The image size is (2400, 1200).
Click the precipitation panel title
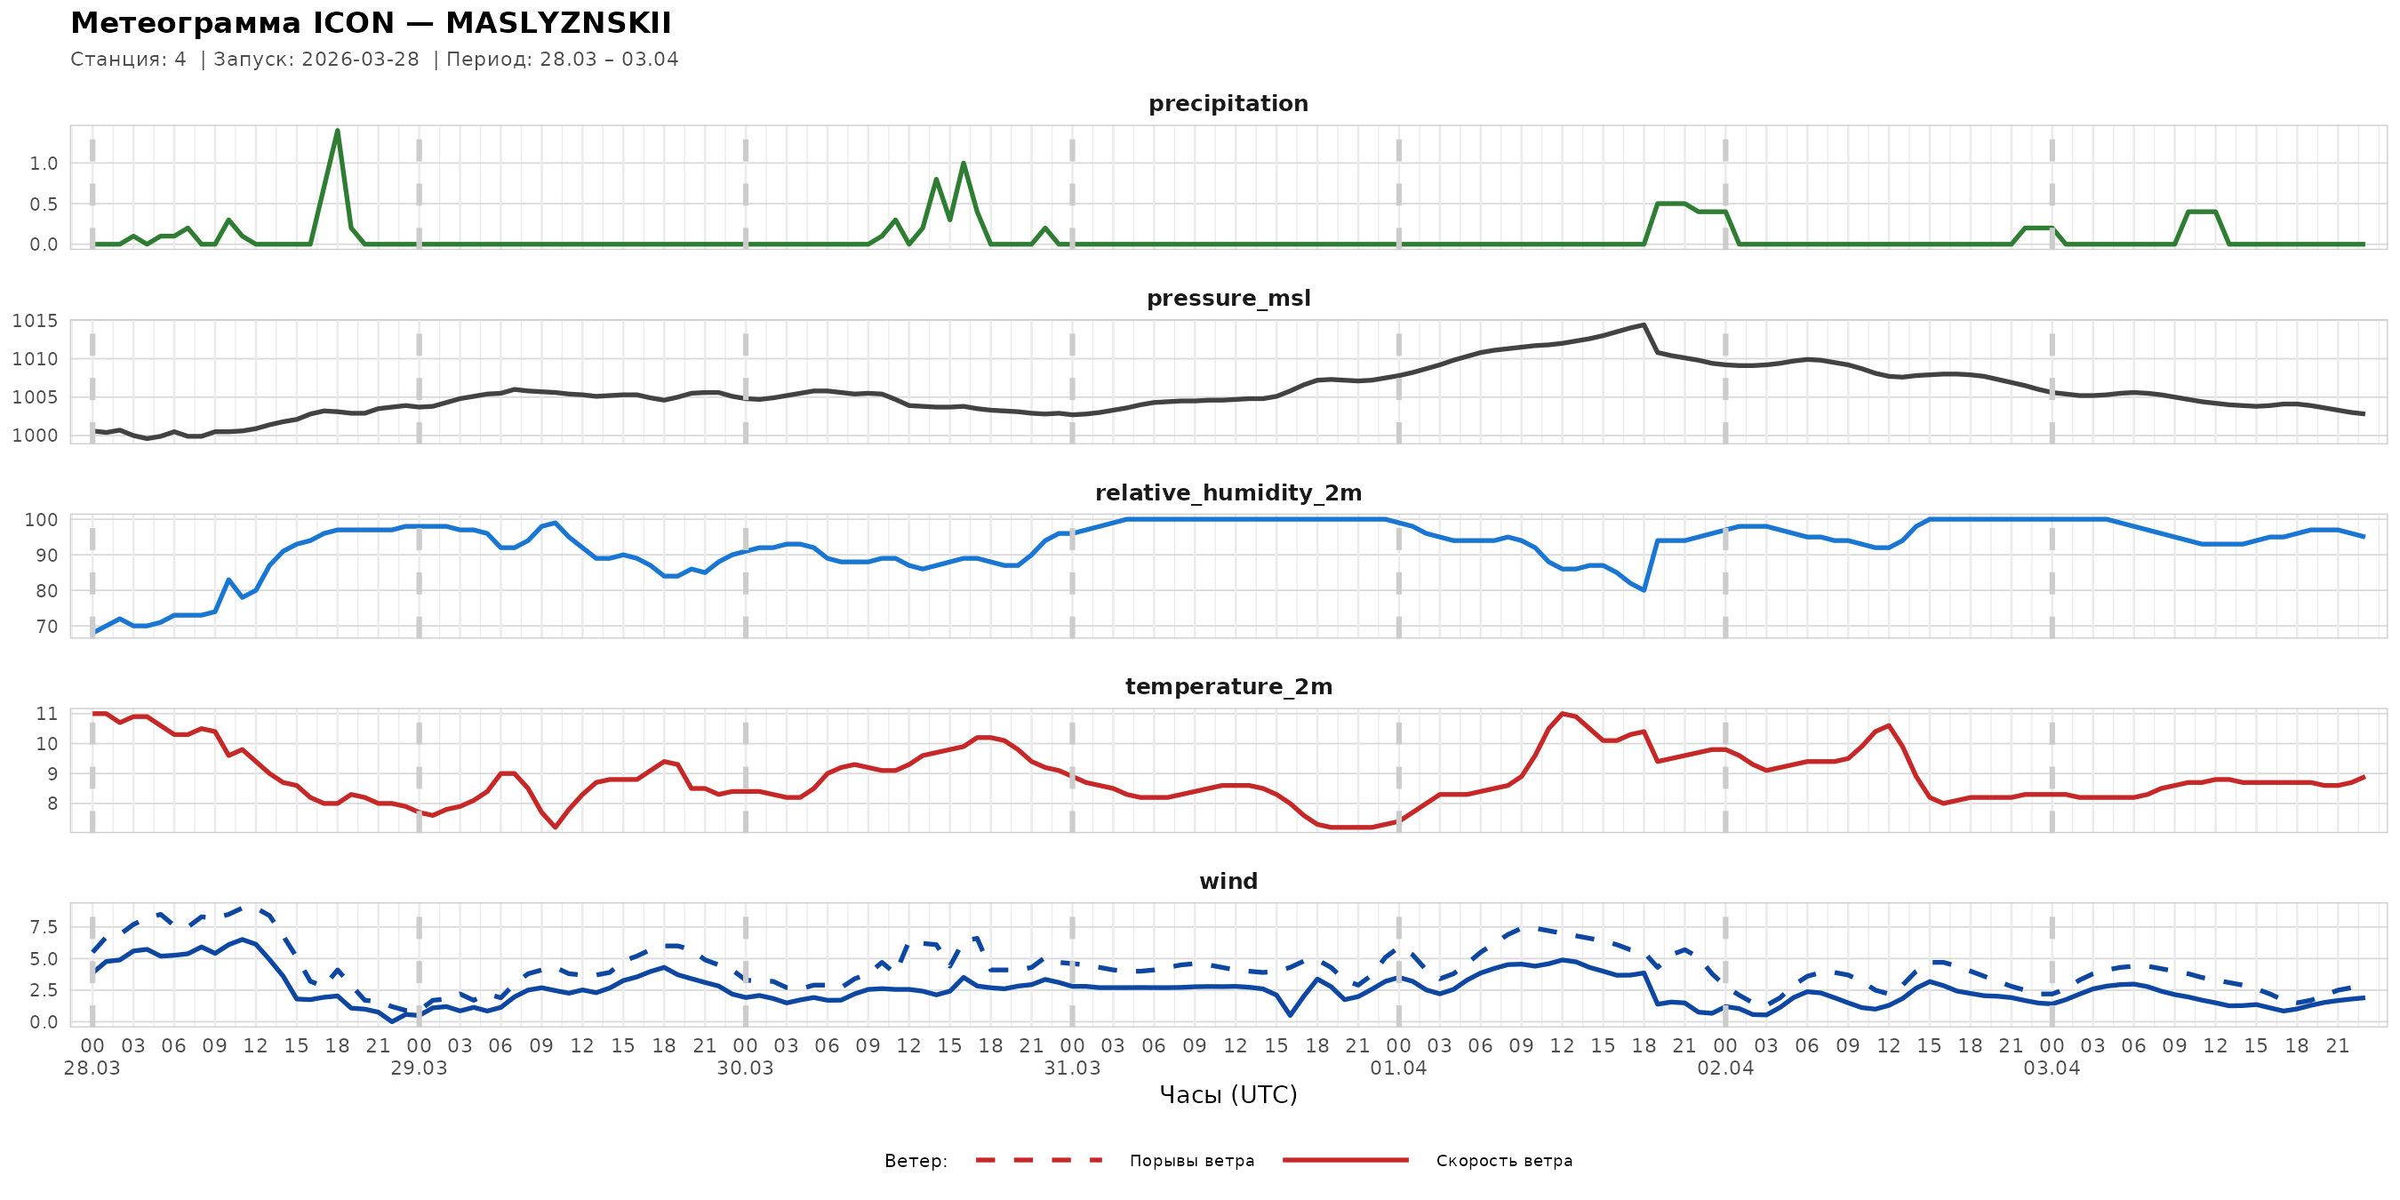click(x=1228, y=103)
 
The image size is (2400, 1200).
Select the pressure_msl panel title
click(x=1228, y=298)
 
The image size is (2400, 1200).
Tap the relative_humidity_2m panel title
click(x=1228, y=492)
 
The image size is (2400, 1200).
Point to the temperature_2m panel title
click(x=1228, y=686)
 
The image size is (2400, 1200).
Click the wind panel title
click(x=1228, y=882)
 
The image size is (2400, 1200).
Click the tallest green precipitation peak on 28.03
click(x=337, y=131)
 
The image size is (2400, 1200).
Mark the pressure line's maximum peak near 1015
click(x=1644, y=325)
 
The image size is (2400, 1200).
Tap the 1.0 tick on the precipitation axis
click(x=43, y=164)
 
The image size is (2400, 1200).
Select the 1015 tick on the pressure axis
click(x=35, y=322)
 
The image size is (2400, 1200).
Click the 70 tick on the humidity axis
click(x=46, y=627)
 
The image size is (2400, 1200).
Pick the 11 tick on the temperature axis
click(x=46, y=714)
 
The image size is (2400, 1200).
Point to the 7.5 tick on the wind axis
click(x=43, y=927)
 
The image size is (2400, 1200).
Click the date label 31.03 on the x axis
click(x=1071, y=1068)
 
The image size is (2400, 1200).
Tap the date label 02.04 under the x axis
click(x=1725, y=1068)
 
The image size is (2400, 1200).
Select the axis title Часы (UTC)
click(x=1228, y=1095)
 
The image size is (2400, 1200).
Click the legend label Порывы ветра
click(x=1192, y=1161)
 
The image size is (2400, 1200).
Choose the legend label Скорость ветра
click(x=1504, y=1161)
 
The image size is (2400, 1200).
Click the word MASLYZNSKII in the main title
click(x=558, y=23)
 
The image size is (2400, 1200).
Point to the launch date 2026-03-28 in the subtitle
click(x=361, y=60)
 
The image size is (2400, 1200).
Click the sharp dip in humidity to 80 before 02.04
click(x=1644, y=589)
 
